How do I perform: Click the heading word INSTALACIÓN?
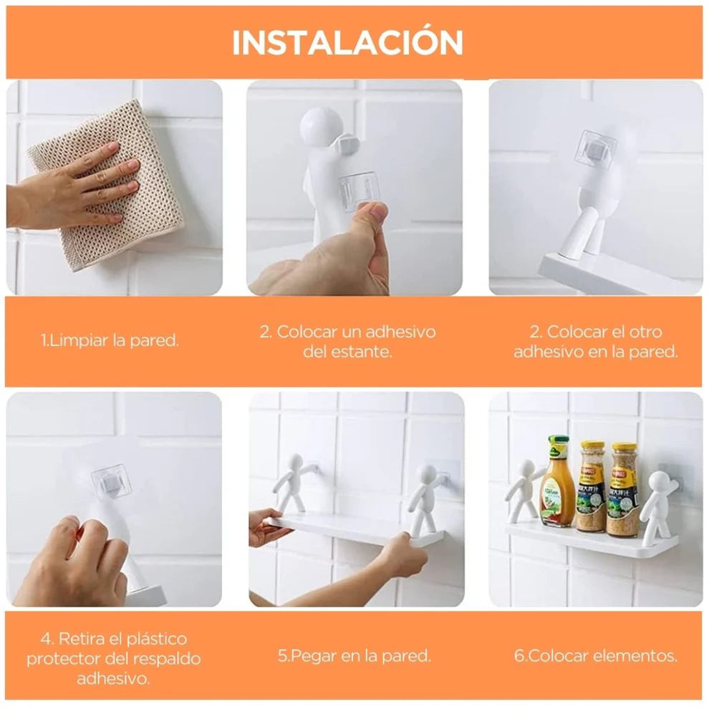click(x=347, y=43)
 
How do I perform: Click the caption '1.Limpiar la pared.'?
click(x=110, y=340)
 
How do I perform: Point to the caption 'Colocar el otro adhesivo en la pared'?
click(x=595, y=342)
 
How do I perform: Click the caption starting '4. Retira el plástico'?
click(x=114, y=657)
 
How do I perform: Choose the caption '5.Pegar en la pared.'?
click(x=354, y=655)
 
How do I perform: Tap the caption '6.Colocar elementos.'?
click(x=595, y=655)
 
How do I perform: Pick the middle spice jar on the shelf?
click(x=591, y=486)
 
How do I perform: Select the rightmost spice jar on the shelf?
click(x=622, y=490)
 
